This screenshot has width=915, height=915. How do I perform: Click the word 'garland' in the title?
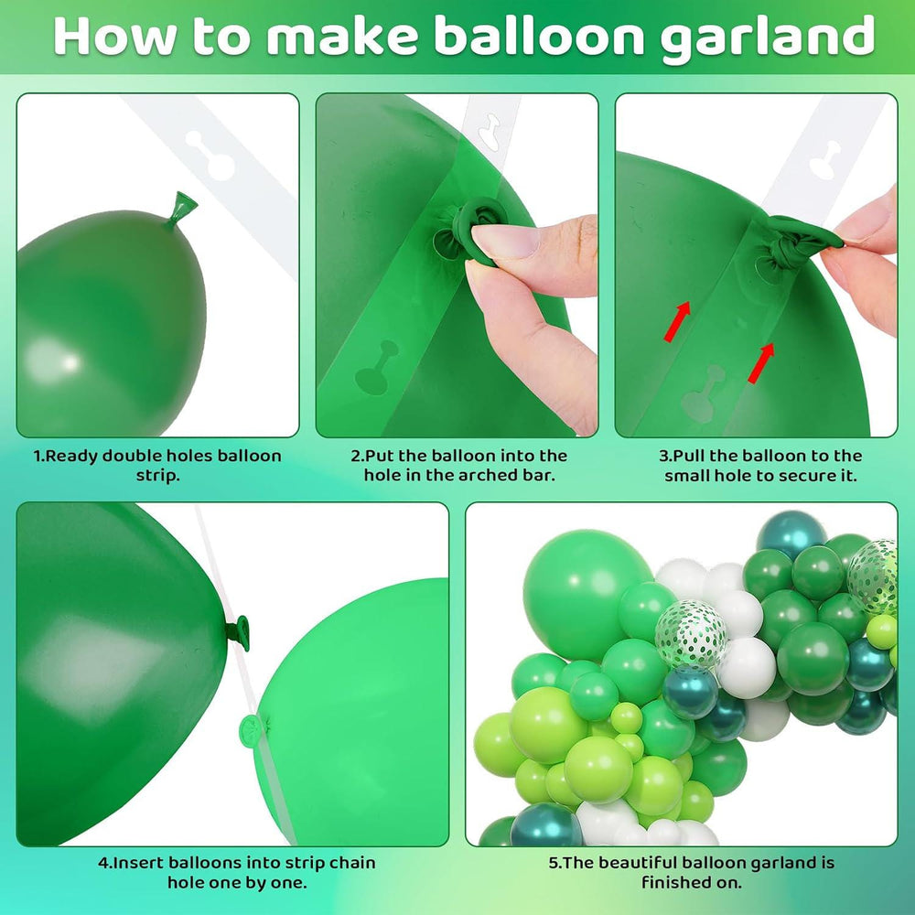[768, 38]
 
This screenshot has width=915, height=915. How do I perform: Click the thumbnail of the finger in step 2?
[505, 239]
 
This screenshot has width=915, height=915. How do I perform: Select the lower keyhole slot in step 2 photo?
[377, 368]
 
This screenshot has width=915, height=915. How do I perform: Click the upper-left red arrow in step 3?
[677, 320]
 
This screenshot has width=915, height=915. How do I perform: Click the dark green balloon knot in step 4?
[239, 632]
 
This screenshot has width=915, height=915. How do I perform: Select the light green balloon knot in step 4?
[254, 727]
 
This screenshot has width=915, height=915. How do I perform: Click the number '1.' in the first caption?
[39, 456]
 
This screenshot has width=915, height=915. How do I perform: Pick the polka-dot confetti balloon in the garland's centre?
[691, 634]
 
